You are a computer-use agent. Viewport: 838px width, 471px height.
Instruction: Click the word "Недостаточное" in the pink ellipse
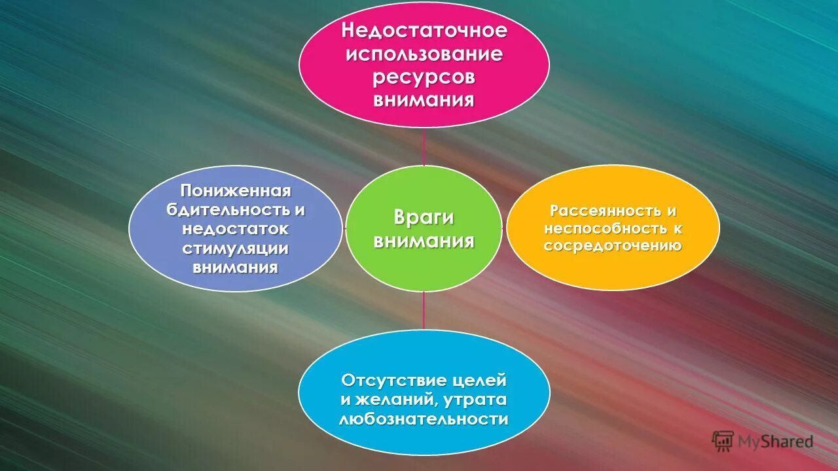(x=424, y=30)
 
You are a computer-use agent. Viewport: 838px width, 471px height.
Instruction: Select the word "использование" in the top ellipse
(x=424, y=54)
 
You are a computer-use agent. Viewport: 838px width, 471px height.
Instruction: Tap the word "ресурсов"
(x=424, y=77)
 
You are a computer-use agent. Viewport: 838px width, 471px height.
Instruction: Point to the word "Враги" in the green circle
(x=424, y=218)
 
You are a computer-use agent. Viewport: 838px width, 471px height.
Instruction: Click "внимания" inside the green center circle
(x=424, y=241)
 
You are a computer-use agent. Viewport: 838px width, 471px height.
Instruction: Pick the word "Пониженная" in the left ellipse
(x=236, y=191)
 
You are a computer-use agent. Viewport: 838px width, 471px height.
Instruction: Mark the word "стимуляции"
(x=236, y=249)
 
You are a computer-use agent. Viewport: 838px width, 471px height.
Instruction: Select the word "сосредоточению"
(x=613, y=246)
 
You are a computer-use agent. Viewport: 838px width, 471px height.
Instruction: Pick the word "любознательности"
(x=424, y=419)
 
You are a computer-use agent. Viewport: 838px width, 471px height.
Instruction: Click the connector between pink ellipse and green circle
(x=424, y=147)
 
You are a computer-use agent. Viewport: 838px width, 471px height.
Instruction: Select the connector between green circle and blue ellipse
(x=424, y=310)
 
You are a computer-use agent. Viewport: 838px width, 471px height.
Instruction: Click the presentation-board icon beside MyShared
(x=722, y=440)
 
